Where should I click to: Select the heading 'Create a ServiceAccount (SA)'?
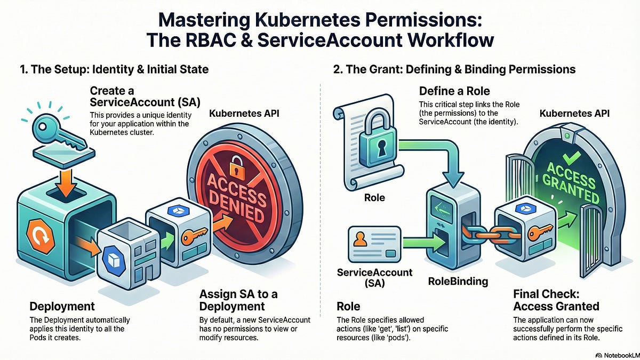[145, 97]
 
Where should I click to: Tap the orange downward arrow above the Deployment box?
[66, 183]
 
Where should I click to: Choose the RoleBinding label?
[458, 282]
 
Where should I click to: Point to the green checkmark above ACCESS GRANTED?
[571, 157]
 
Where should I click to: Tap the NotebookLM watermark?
[618, 355]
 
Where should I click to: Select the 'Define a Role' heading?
[454, 91]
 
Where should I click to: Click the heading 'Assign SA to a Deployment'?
[238, 300]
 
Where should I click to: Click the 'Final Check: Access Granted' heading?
[556, 300]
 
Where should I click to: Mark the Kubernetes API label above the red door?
[244, 114]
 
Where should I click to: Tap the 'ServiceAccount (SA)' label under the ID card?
[374, 278]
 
